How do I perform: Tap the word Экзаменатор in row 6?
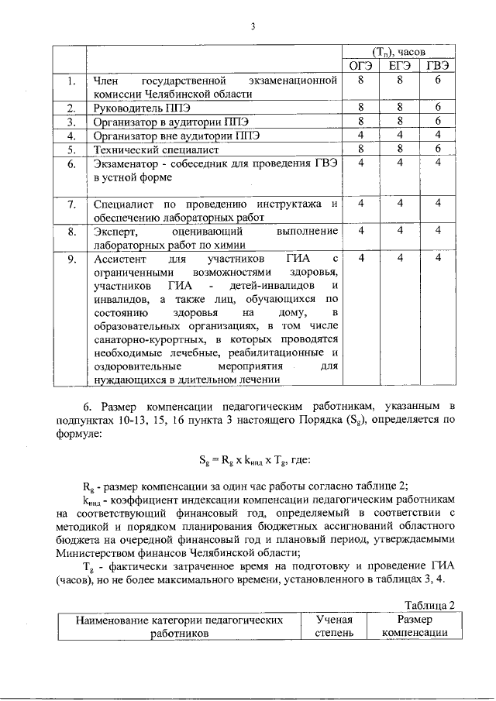[125, 163]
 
